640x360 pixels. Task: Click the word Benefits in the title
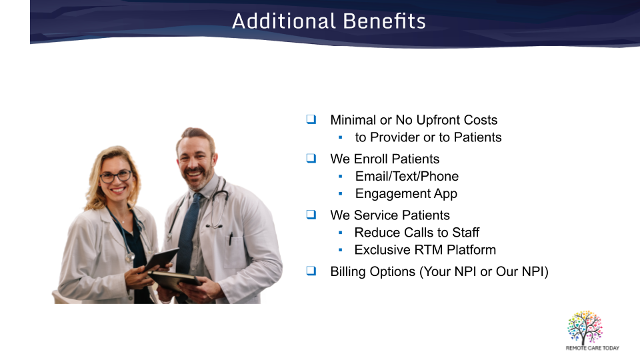[384, 21]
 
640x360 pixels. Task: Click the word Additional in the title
[284, 21]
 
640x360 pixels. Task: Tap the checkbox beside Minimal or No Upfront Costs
[311, 119]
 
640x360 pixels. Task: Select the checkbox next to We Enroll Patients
[311, 158]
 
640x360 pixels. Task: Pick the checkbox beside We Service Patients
[311, 214]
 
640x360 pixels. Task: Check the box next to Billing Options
[311, 271]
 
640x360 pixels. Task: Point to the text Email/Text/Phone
[407, 176]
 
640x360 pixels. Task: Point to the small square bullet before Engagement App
[341, 194]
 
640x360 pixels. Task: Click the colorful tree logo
[585, 327]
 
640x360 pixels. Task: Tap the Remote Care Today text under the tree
[592, 348]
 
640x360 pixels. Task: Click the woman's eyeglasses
[116, 177]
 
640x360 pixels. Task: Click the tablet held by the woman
[161, 259]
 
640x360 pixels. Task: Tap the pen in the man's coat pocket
[231, 239]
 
